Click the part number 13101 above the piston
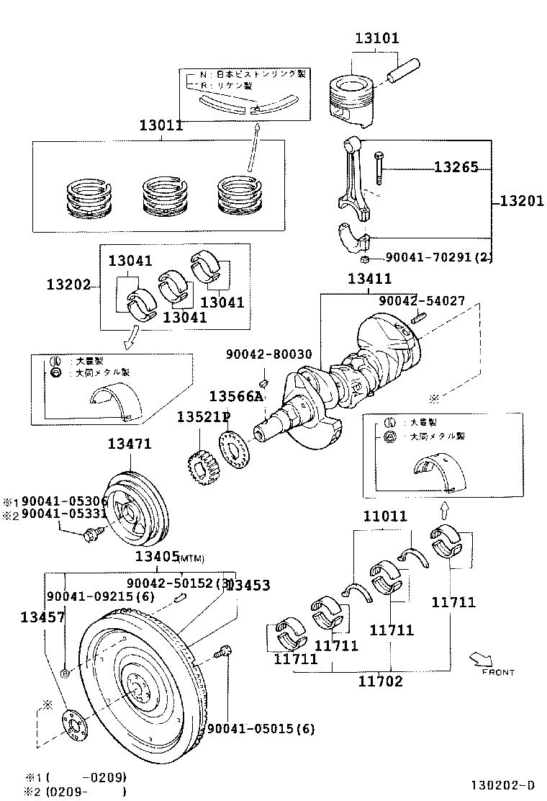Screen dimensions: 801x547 (376, 38)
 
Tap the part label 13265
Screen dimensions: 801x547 (456, 167)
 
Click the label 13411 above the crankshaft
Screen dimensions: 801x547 (369, 279)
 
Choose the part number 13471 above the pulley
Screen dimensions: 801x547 (130, 444)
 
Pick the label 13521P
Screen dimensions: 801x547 (203, 416)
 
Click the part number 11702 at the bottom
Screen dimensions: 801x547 (381, 681)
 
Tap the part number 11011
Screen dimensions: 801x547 (384, 516)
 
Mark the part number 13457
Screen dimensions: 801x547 (42, 617)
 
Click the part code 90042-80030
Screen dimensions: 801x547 (268, 354)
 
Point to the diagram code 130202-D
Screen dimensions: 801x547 (503, 784)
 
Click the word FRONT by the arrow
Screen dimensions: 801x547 (498, 672)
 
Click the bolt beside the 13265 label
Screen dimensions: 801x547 (379, 167)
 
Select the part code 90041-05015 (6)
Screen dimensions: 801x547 (261, 728)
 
